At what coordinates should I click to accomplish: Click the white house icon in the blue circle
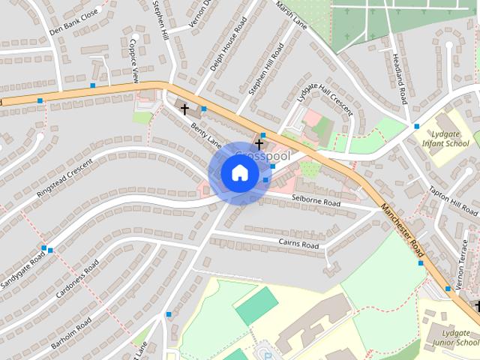[239, 173]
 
